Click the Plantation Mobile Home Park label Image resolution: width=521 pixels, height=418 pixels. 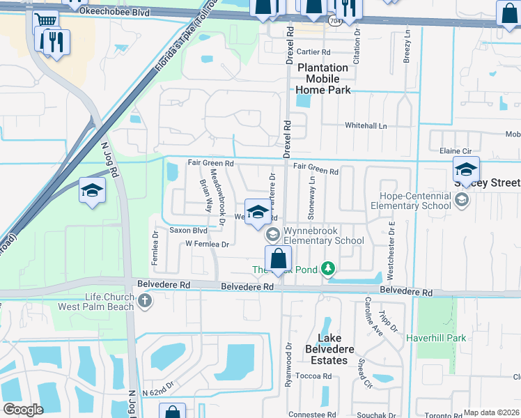pos(322,79)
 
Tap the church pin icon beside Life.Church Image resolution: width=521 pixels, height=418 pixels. pos(145,301)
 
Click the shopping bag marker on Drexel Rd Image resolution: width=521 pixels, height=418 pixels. pos(278,258)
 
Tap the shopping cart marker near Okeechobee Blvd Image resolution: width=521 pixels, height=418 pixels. pos(46,20)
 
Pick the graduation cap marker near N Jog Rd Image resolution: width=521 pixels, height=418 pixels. pos(92,192)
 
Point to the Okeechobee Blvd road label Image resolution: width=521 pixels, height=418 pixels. pos(104,12)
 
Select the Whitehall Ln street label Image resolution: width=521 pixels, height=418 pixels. pos(366,125)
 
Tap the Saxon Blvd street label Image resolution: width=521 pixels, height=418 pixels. pos(188,230)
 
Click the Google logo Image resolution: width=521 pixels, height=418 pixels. pos(23,410)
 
